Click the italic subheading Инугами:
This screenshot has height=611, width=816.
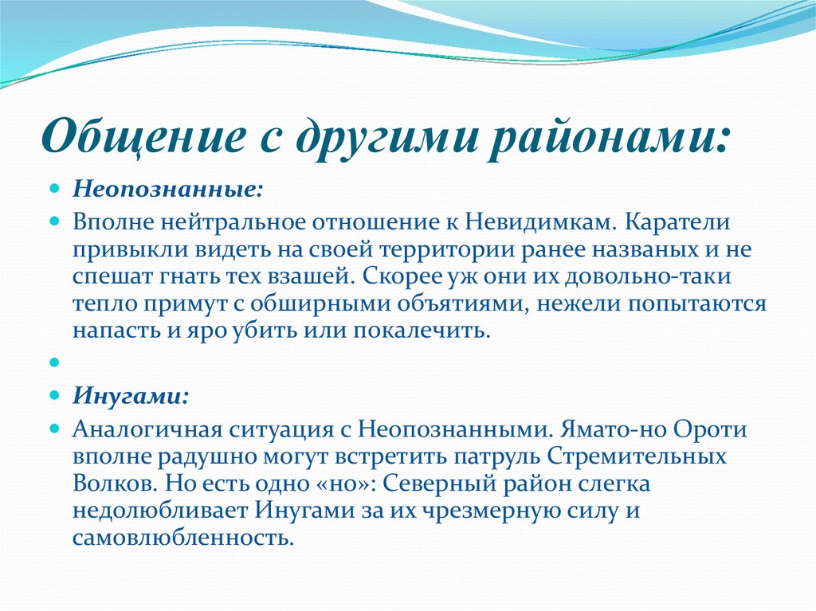pos(131,396)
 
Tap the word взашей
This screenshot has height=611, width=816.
pos(308,276)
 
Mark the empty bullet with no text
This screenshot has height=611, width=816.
pos(55,362)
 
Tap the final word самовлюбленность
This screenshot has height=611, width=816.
pos(183,538)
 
